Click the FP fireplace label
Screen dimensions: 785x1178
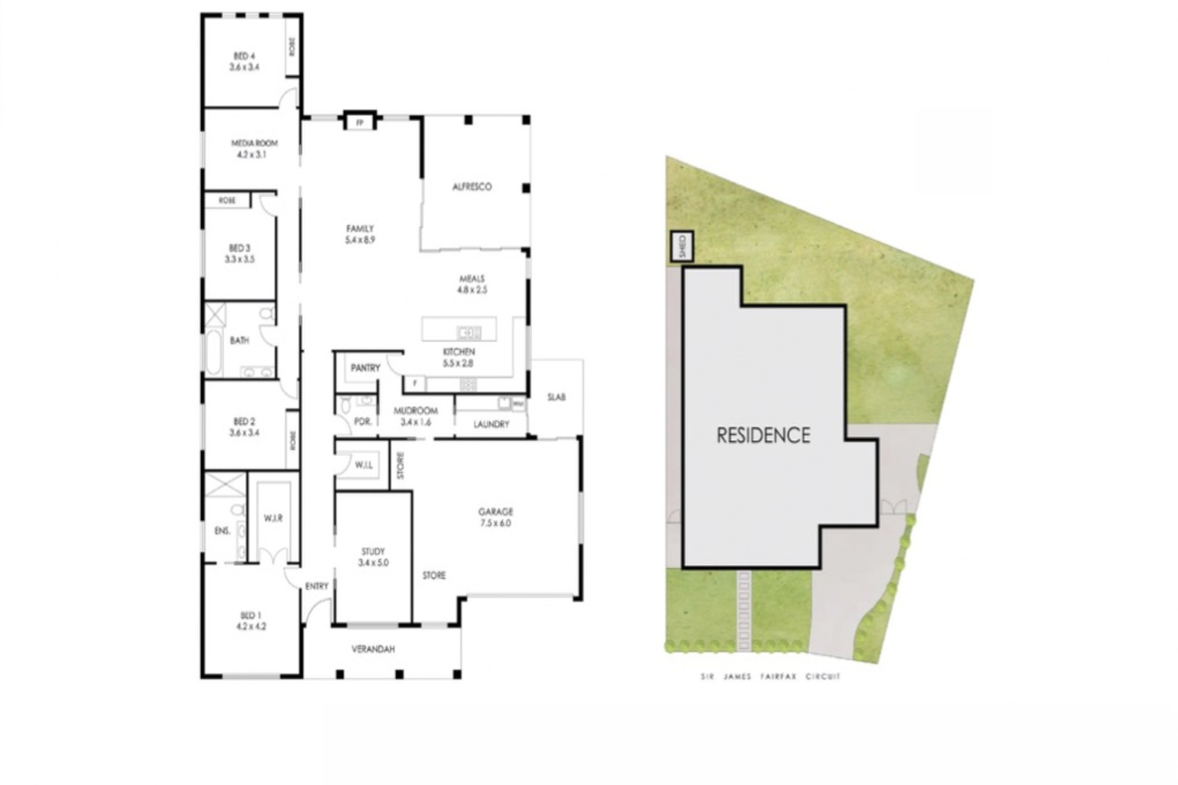tap(359, 122)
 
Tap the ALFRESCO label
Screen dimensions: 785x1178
tap(472, 187)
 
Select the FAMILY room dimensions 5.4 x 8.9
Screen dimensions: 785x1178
tap(361, 240)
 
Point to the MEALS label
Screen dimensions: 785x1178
tap(472, 279)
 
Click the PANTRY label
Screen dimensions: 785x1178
tap(365, 368)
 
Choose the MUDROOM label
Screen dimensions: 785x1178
tap(416, 411)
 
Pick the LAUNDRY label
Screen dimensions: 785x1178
tap(491, 425)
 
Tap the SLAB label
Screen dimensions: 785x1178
tap(556, 397)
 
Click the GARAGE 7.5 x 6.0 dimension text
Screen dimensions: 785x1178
tap(495, 523)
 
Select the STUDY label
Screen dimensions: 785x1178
tap(373, 551)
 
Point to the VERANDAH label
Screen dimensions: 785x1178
tap(373, 650)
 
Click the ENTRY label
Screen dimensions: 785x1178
tap(317, 587)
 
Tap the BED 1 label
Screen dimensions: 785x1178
tap(251, 616)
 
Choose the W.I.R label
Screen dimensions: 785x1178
tap(273, 518)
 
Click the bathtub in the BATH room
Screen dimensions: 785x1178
tap(214, 352)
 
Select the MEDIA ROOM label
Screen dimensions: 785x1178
tap(254, 143)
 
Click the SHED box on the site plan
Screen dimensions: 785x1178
tap(682, 247)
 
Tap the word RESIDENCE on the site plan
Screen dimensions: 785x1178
tap(763, 436)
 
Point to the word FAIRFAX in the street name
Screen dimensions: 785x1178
tap(778, 677)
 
